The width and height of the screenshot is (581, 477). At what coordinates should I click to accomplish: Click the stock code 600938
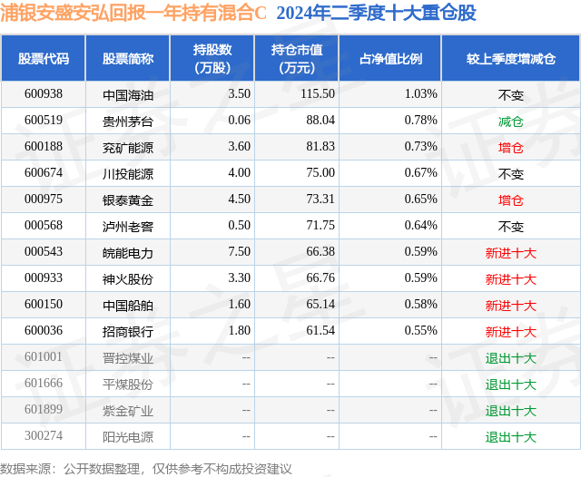[44, 93]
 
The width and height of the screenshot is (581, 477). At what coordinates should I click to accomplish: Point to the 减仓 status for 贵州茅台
[510, 121]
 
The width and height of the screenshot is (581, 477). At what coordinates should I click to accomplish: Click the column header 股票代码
[44, 58]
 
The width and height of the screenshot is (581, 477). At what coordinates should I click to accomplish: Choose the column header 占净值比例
[390, 58]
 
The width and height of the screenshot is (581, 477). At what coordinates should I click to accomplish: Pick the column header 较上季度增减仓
[511, 58]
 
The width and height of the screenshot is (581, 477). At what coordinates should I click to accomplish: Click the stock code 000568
[44, 226]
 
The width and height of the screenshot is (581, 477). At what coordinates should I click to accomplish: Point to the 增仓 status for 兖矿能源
[510, 147]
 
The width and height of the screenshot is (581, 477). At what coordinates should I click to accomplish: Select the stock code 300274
[44, 437]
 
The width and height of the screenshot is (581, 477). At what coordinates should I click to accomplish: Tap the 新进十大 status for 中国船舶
[510, 306]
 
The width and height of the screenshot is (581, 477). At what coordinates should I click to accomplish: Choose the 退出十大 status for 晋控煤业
[510, 358]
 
